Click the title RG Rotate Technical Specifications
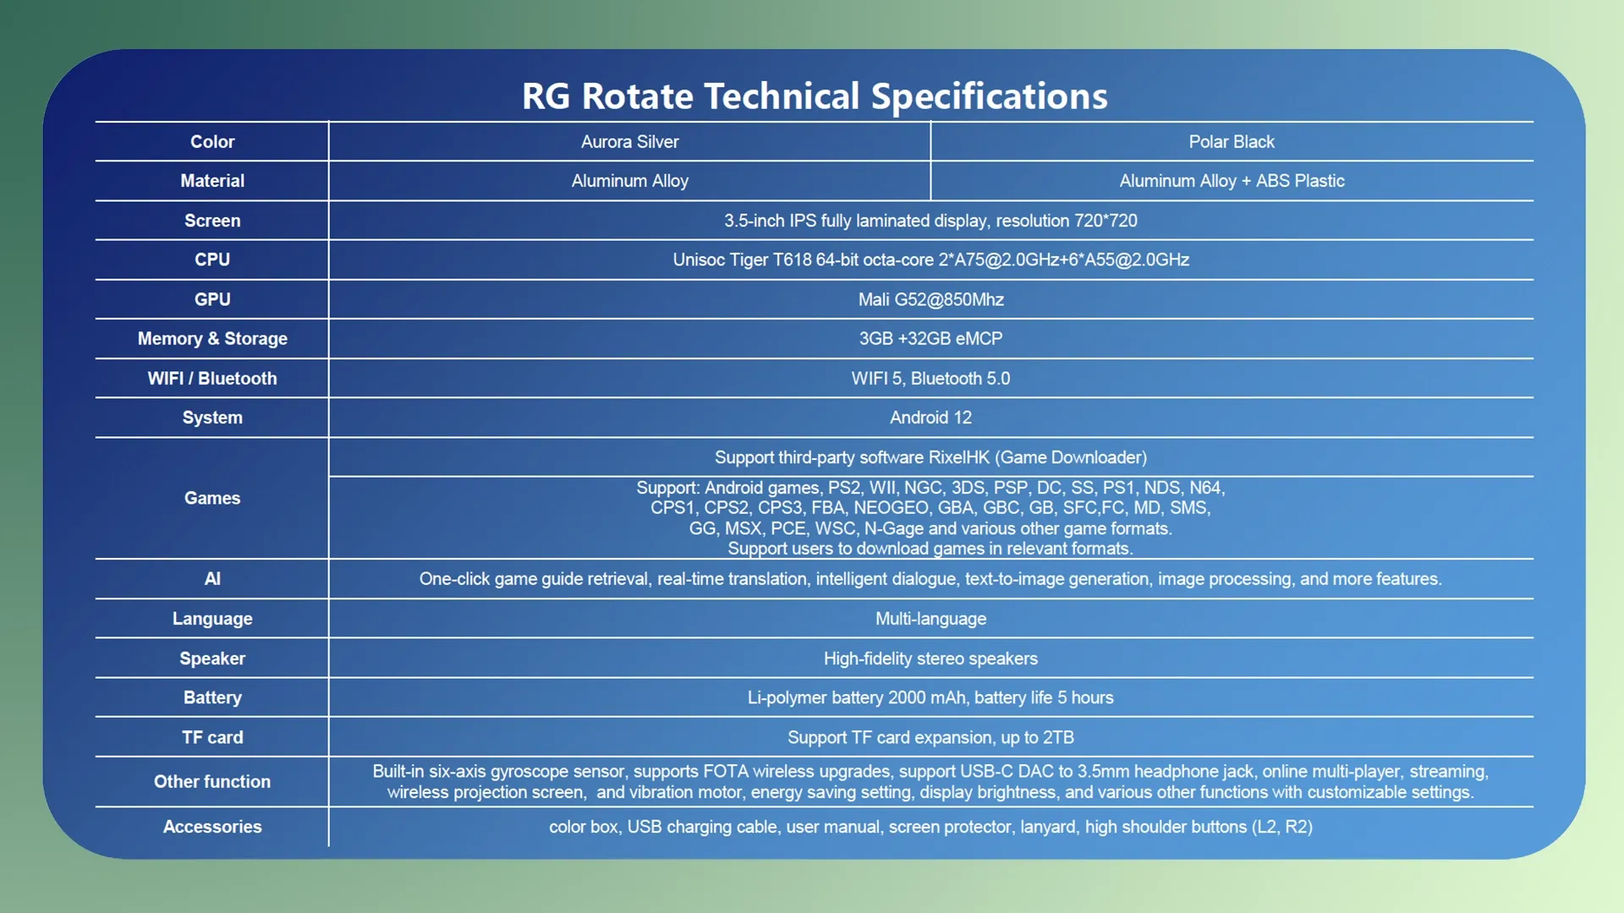point(814,96)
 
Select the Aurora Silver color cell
point(629,142)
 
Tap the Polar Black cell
point(1231,142)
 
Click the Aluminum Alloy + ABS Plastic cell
point(1232,181)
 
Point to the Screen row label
point(212,221)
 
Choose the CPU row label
point(212,260)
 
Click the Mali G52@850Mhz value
point(930,299)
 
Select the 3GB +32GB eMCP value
point(930,338)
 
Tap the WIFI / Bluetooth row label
point(212,379)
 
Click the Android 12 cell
point(930,418)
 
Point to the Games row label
point(212,498)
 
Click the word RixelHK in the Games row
point(958,457)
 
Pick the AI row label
point(212,579)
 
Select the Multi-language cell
point(930,619)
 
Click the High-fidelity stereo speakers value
point(930,659)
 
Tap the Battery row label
point(212,697)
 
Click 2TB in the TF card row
point(1057,737)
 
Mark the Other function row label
point(212,782)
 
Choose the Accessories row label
point(212,827)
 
